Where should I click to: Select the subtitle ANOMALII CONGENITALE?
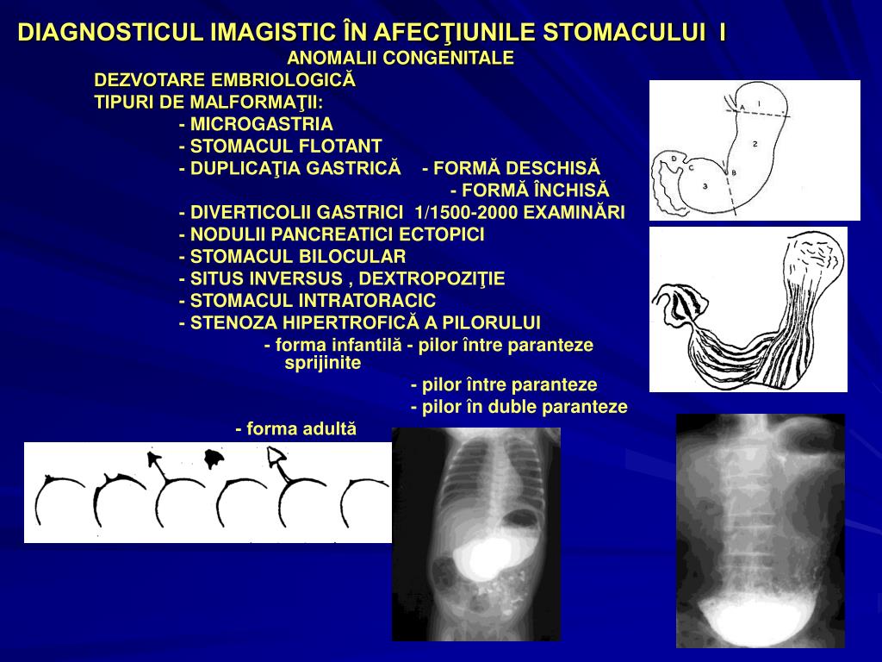pos(400,59)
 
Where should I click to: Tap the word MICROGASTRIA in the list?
pos(262,123)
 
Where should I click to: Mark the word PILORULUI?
pos(488,323)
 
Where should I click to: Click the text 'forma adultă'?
pos(301,428)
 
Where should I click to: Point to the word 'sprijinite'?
pos(323,363)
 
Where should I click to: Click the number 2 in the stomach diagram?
pos(754,142)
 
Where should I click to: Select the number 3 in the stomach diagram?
pos(705,185)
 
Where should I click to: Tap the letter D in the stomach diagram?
pos(674,159)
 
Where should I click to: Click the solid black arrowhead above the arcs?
pos(155,459)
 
